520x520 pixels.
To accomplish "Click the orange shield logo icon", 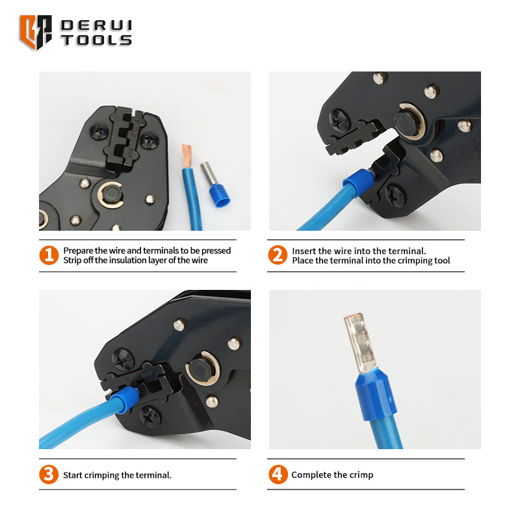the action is pos(36,32).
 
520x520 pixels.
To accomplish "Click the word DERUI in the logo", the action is pos(96,25).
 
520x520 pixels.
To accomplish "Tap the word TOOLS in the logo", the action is pos(96,40).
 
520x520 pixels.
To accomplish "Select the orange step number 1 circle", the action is pos(49,255).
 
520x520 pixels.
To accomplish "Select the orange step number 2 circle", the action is pos(278,255).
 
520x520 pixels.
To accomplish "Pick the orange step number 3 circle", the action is pos(49,474).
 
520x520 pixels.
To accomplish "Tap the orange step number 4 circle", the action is pos(278,474).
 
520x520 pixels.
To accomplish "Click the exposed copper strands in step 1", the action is pos(187,156).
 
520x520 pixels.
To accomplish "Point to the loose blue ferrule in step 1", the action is pos(215,184).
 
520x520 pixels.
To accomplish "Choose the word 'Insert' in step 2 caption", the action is pos(304,251).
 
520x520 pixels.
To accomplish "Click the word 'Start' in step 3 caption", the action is pos(72,475).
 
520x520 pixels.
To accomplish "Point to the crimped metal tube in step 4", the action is pos(360,343).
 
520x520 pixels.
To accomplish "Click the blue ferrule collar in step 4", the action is pos(376,395).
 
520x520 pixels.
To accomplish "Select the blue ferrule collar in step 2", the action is pos(358,183).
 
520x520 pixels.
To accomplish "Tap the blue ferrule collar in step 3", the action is pos(124,399).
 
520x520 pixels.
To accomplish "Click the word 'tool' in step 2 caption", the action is pos(442,261).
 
